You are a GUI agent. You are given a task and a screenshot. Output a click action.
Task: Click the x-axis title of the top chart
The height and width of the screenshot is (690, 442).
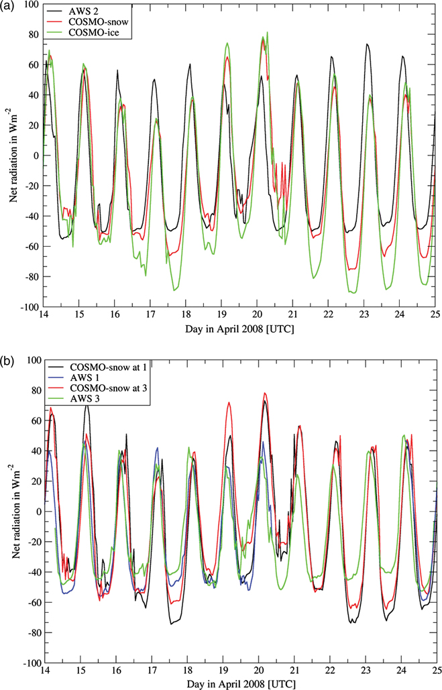click(239, 329)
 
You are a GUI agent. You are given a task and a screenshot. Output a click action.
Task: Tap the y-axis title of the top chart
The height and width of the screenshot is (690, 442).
click(10, 156)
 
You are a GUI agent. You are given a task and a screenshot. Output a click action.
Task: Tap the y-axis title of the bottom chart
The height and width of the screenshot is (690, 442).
click(10, 511)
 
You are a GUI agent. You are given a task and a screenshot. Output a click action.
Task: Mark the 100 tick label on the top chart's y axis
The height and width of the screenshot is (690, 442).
click(32, 5)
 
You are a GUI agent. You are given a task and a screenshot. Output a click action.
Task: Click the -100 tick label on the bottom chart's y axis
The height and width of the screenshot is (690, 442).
click(30, 663)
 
